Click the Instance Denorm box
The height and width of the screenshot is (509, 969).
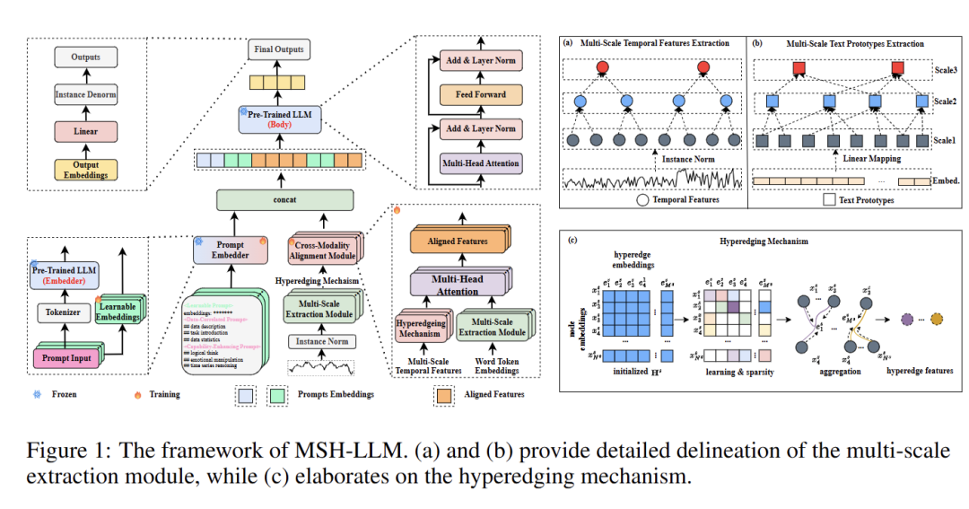tap(86, 94)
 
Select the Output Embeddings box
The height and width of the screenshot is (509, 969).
tap(86, 169)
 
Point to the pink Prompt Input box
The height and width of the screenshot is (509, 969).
tap(68, 359)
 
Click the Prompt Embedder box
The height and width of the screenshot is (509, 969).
tap(231, 249)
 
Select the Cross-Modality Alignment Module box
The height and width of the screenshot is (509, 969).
tap(326, 249)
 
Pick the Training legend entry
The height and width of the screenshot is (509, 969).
tap(164, 394)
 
